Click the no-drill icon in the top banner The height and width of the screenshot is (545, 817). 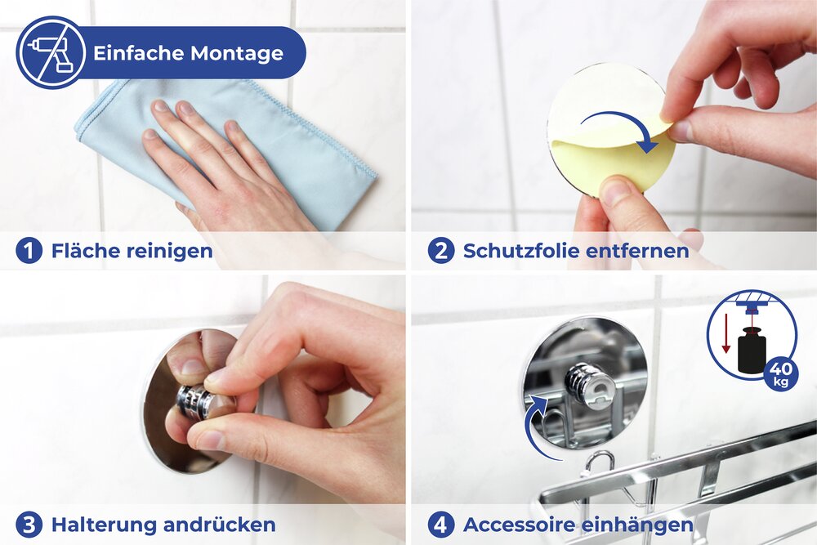(51, 52)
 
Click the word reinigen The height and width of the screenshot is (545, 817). (169, 251)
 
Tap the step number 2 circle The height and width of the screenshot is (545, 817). (440, 251)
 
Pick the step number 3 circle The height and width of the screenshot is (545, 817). (29, 524)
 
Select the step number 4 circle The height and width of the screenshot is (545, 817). (440, 524)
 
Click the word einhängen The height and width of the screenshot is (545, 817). (645, 524)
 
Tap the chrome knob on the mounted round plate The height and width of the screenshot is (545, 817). (589, 385)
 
